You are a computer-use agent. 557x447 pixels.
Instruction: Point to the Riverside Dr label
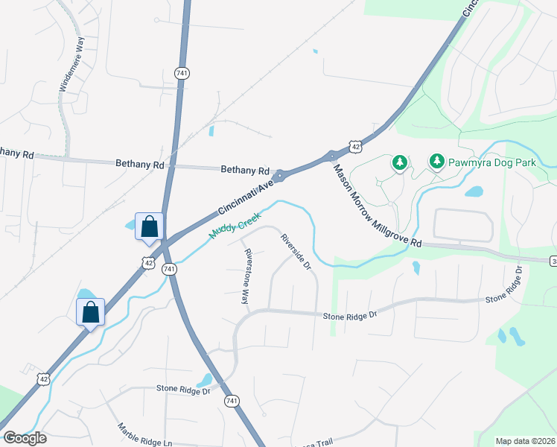(x=295, y=252)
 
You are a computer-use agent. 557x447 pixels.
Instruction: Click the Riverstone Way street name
(x=246, y=276)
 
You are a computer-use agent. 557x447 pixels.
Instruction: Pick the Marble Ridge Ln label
(x=144, y=436)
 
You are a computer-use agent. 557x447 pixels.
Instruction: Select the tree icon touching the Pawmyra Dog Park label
(x=437, y=161)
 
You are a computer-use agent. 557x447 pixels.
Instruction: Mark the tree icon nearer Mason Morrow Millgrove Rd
(x=400, y=162)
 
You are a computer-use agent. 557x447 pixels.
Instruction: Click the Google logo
(x=25, y=437)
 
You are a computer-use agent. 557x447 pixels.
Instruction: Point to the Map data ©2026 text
(x=524, y=441)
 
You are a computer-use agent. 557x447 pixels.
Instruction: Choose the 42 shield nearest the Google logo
(x=42, y=379)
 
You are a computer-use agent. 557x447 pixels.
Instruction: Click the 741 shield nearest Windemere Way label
(x=182, y=73)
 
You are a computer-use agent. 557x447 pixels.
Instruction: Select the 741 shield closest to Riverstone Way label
(x=169, y=268)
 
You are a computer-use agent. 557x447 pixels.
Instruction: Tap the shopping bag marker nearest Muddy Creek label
(x=149, y=226)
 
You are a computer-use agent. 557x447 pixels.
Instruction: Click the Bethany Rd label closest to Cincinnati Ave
(x=244, y=170)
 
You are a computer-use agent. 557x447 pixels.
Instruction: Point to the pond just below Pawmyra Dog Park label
(x=474, y=191)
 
